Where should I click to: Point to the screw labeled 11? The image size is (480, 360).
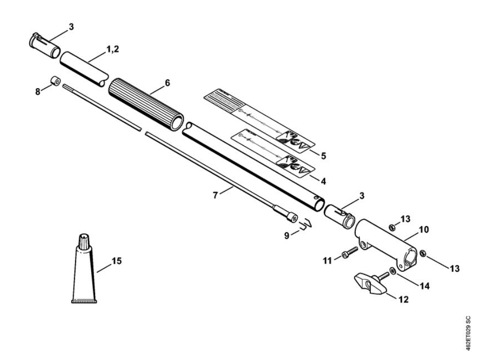350,252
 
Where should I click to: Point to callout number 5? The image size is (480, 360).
323,156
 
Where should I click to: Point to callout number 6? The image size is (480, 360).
167,82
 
